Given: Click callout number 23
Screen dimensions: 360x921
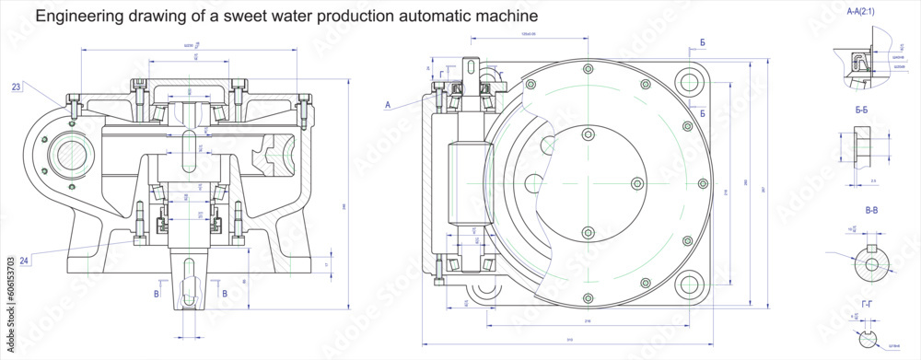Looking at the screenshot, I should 17,87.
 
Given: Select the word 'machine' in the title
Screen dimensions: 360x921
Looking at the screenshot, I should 505,17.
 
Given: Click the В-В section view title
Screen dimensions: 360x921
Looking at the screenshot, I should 870,211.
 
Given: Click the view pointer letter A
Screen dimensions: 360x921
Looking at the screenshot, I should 389,106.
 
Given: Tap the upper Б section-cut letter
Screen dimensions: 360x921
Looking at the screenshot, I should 703,43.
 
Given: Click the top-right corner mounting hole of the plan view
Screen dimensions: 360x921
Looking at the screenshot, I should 688,81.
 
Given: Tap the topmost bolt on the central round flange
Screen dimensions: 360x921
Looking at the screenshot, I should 589,134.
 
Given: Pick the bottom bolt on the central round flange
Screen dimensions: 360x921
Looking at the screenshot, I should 589,230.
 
